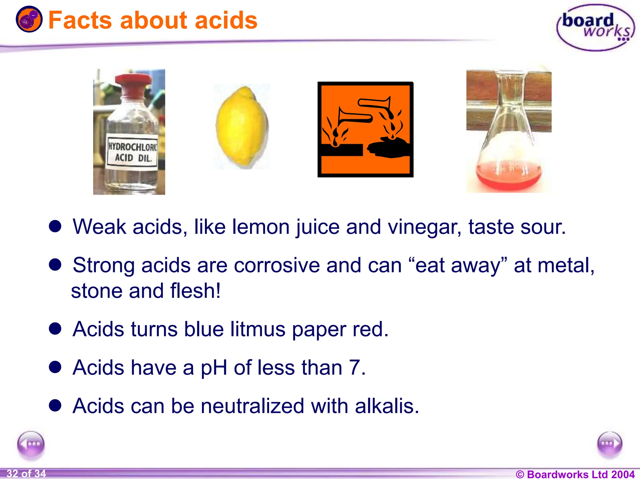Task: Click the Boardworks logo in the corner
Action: (596, 27)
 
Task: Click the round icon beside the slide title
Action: (29, 19)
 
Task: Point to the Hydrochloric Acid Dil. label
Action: (132, 152)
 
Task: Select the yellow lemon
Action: (242, 127)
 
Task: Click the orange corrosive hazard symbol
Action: (365, 129)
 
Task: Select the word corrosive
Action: (277, 266)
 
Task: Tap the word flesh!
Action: (196, 291)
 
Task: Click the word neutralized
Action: (252, 406)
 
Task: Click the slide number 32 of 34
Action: (26, 474)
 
